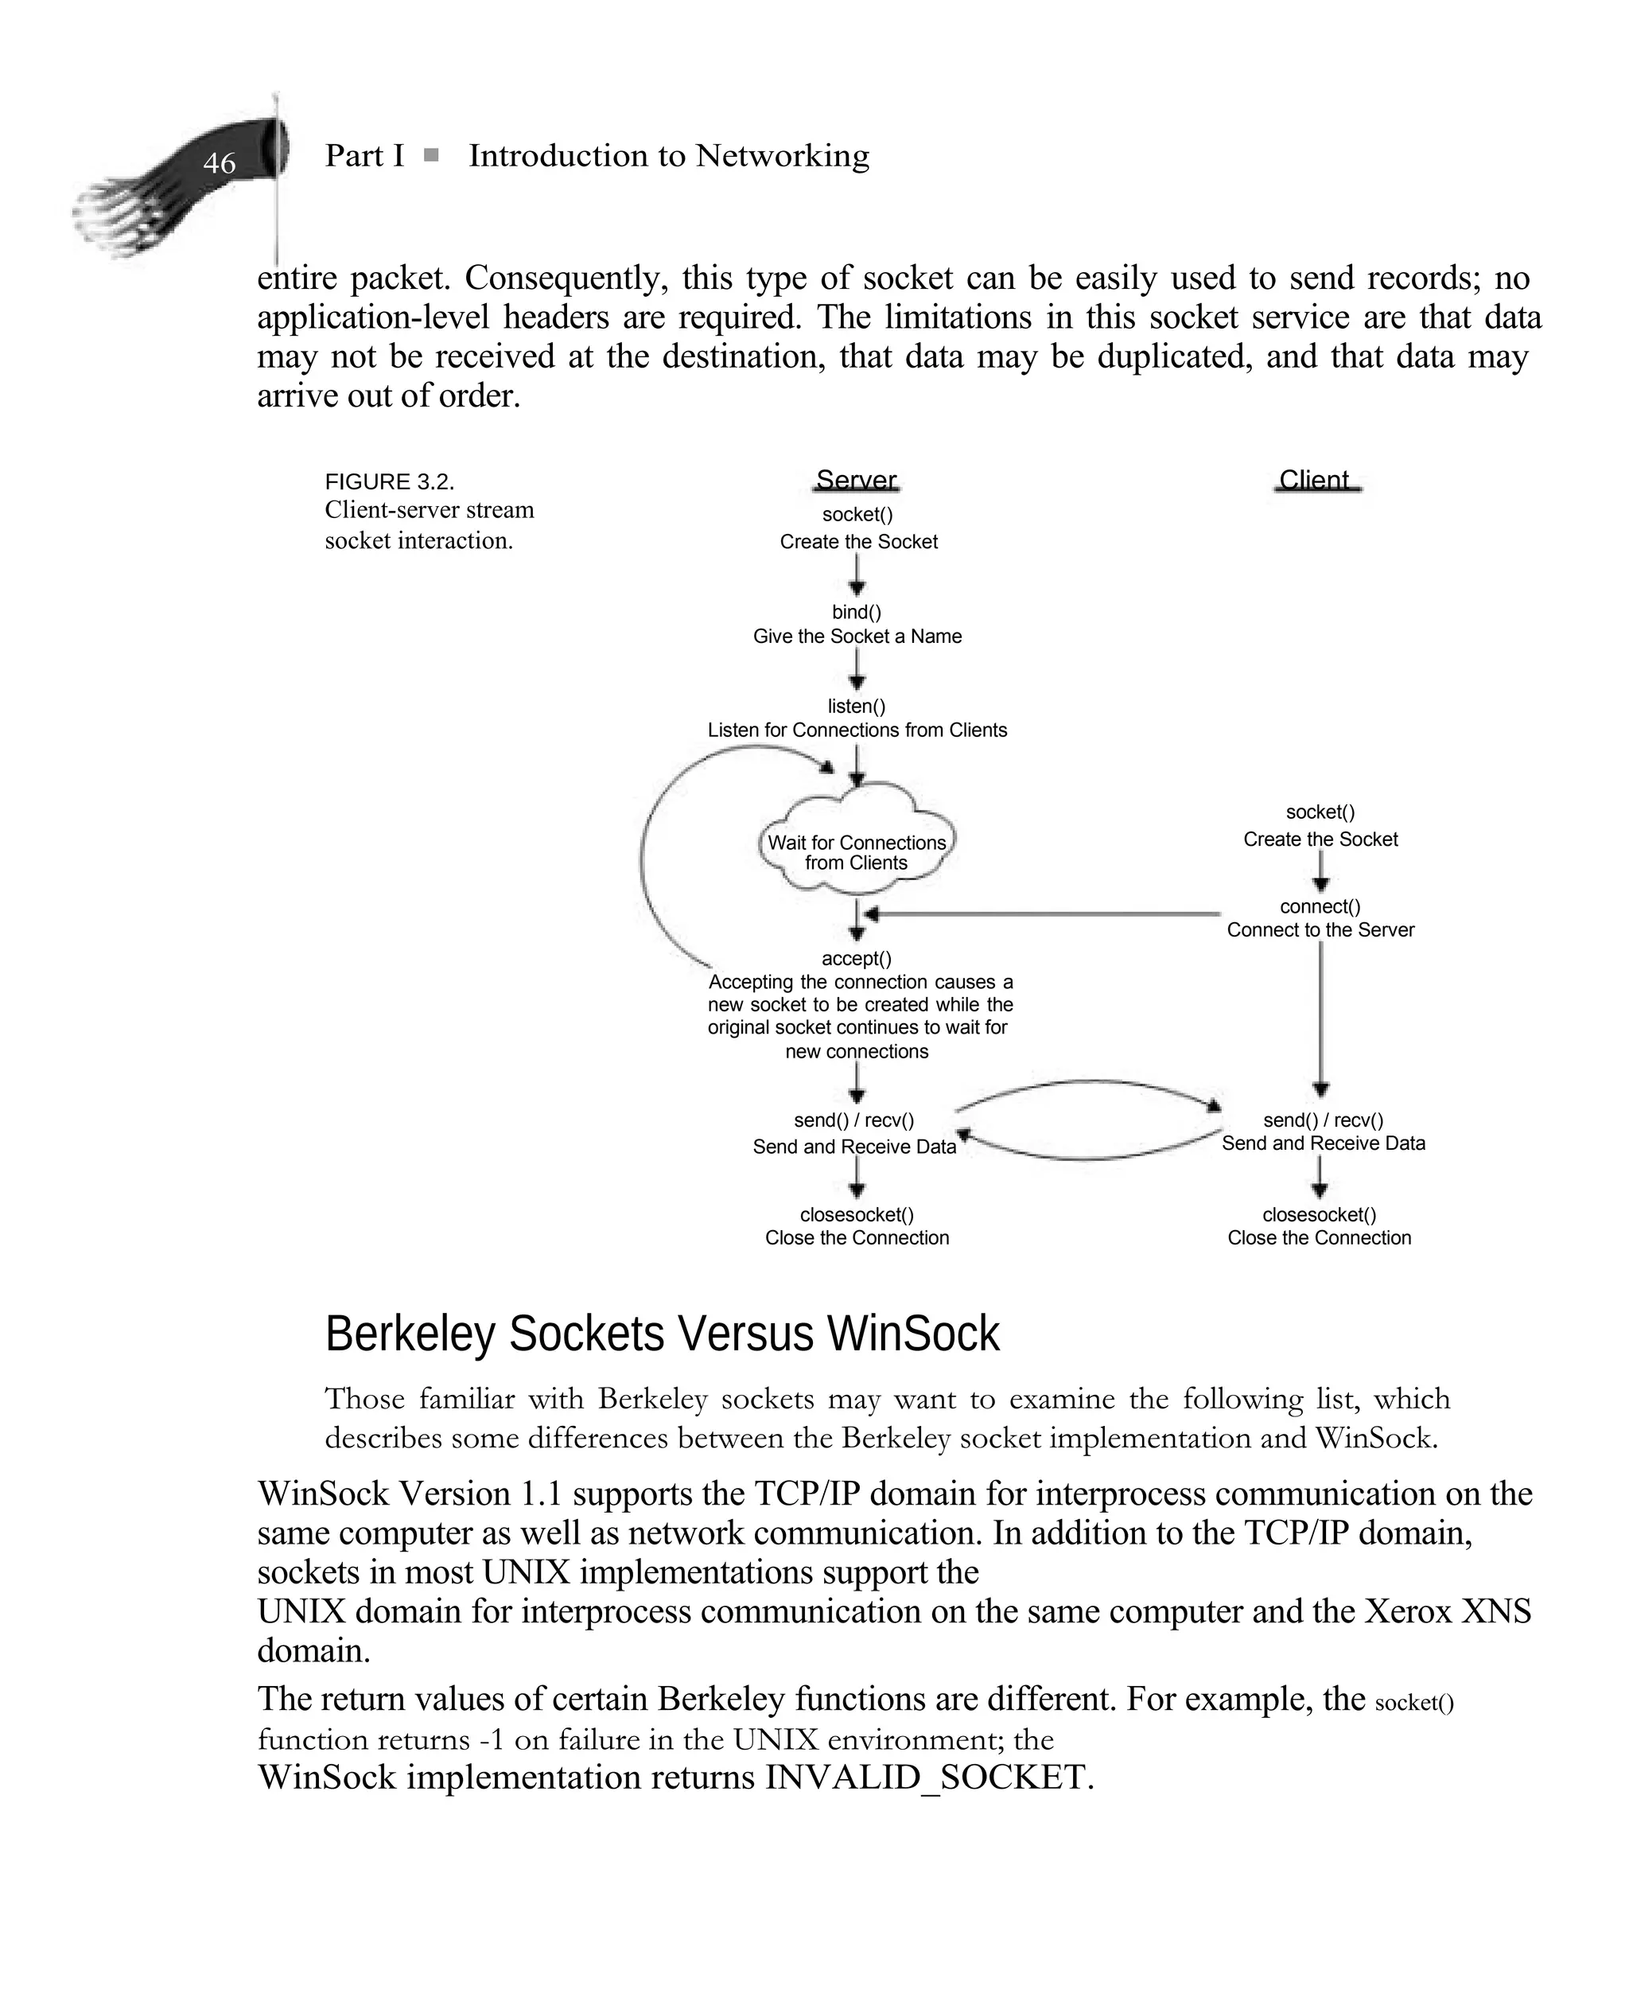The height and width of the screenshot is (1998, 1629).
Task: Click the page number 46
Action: (x=219, y=163)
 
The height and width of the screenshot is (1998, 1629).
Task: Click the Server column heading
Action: (x=856, y=481)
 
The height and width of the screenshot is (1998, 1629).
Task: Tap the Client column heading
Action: (x=1315, y=481)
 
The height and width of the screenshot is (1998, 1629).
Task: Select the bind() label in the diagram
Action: (x=857, y=612)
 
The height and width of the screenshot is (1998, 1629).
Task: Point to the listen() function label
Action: (x=857, y=706)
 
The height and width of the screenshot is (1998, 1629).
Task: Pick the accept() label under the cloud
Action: (x=857, y=958)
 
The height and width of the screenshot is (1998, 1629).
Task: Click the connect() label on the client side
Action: (x=1320, y=906)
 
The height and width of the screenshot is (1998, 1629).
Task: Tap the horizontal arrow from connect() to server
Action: (x=1041, y=913)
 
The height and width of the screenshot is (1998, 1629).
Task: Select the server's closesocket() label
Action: (x=857, y=1214)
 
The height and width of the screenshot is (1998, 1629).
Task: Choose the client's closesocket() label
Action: (x=1320, y=1214)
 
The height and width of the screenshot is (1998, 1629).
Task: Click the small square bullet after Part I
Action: (x=432, y=155)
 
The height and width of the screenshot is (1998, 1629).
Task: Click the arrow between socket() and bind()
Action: (x=857, y=575)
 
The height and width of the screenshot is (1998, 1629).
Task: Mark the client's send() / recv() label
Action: (x=1323, y=1120)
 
